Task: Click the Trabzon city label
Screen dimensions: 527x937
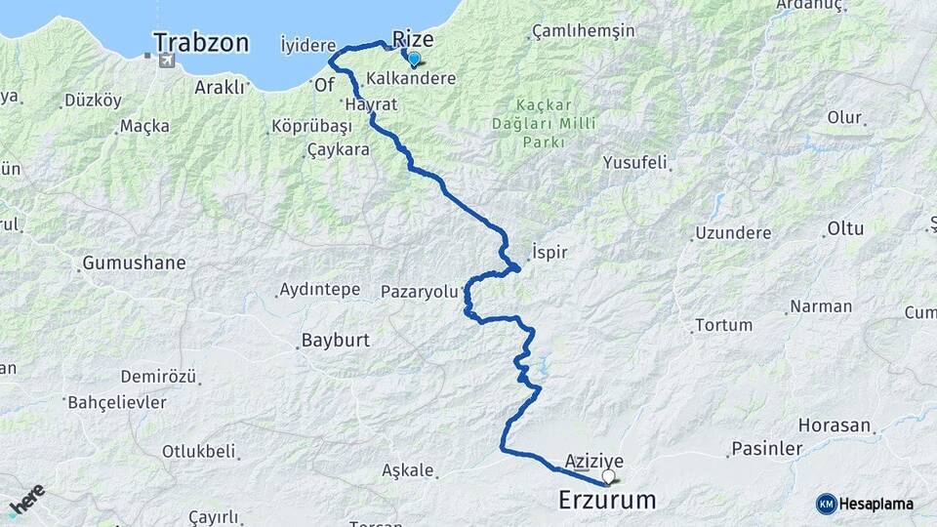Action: click(x=201, y=43)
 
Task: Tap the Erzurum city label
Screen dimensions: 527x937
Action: click(x=607, y=501)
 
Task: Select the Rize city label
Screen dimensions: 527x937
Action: click(x=412, y=39)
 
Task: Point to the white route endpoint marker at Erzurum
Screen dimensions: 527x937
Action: click(x=609, y=477)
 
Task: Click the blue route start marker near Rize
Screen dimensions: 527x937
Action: click(x=414, y=60)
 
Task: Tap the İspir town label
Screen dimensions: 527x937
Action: click(x=550, y=251)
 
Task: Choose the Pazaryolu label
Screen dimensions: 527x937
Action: click(x=419, y=291)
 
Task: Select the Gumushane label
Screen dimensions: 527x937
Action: click(x=134, y=263)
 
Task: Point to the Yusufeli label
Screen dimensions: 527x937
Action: click(x=635, y=162)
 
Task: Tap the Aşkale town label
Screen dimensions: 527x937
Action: click(x=407, y=469)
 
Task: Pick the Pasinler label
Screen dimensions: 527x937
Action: click(x=765, y=449)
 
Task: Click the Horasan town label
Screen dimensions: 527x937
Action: click(x=834, y=426)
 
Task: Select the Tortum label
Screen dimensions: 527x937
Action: click(x=723, y=325)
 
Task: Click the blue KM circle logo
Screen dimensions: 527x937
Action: click(x=827, y=504)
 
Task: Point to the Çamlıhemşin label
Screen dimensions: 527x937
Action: click(x=583, y=31)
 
